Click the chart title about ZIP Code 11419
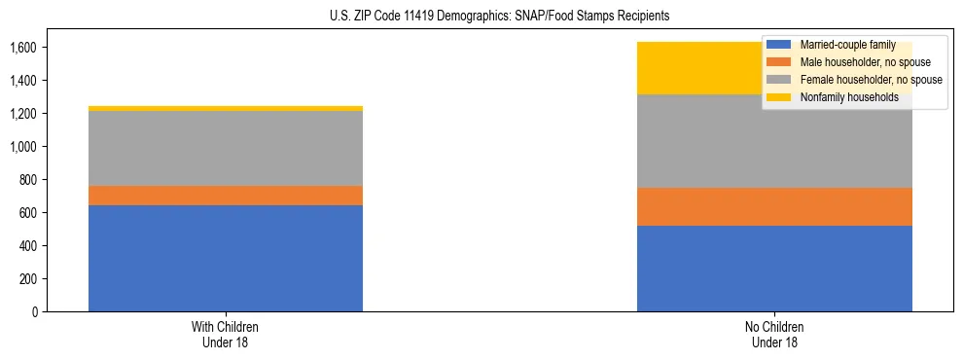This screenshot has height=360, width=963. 481,17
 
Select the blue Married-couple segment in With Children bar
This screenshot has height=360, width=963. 226,258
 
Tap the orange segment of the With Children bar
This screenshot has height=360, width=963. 226,195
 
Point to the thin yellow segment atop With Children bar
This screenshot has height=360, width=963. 226,108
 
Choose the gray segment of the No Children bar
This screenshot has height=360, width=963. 700,141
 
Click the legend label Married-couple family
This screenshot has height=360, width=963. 846,45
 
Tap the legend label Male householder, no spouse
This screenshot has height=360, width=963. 858,62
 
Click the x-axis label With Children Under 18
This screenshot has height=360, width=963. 226,334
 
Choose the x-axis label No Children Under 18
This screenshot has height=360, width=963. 774,334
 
